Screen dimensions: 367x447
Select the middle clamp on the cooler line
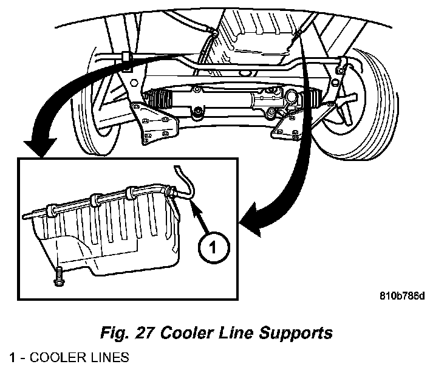click(95, 201)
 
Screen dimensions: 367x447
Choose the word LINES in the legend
click(109, 357)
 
